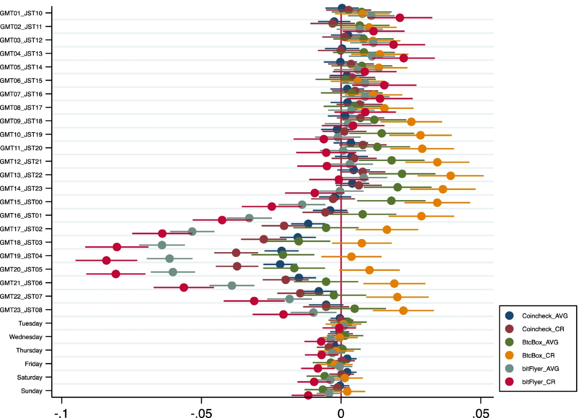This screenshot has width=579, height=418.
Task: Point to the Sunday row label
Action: pos(31,391)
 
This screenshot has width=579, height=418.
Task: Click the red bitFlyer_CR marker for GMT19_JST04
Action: pos(107,261)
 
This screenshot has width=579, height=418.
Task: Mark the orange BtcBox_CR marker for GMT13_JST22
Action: pos(451,175)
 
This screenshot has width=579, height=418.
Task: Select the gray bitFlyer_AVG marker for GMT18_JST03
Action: pos(162,245)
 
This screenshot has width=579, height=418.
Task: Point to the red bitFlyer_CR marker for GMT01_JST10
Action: pos(400,18)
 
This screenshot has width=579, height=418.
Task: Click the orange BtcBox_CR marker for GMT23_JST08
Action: pos(403,310)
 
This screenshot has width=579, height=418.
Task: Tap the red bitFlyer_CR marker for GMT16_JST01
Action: pos(222,220)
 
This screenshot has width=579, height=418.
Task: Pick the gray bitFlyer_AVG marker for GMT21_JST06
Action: pos(232,285)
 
